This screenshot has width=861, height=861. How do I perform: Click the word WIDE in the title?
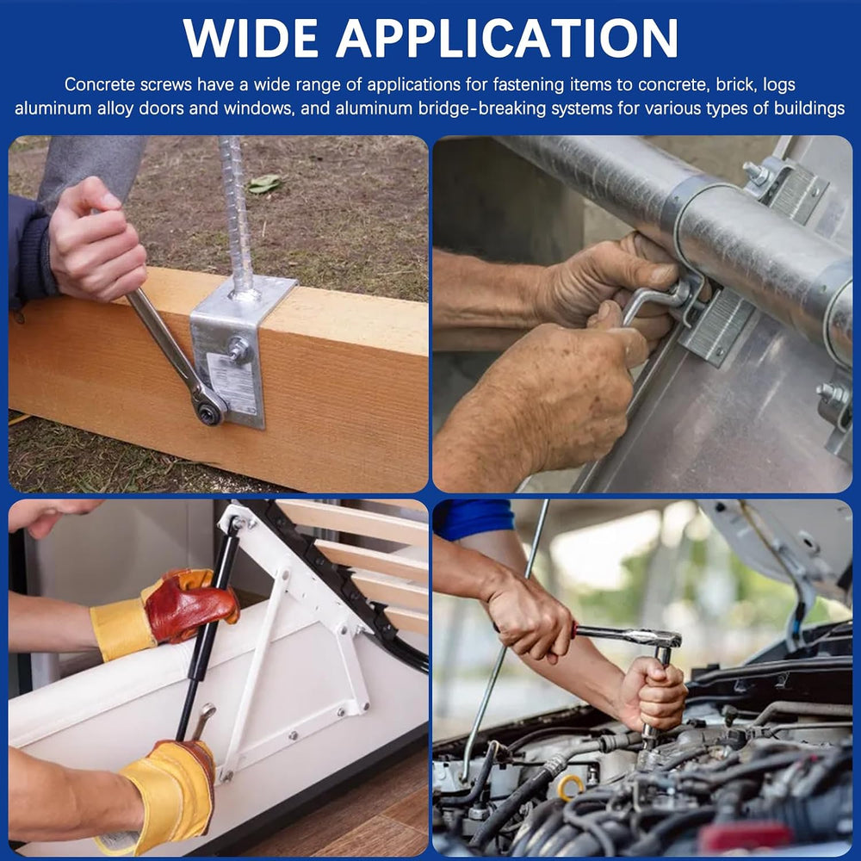click(x=251, y=39)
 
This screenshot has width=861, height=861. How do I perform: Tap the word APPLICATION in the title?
click(x=507, y=39)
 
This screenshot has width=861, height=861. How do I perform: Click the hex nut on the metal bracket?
click(x=238, y=349)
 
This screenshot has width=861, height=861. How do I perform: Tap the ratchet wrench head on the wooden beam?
click(x=208, y=407)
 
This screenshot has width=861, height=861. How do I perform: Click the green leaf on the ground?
click(x=264, y=184)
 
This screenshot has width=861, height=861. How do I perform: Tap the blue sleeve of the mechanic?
click(x=474, y=518)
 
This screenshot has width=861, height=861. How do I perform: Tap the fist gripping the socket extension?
click(x=653, y=693)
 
